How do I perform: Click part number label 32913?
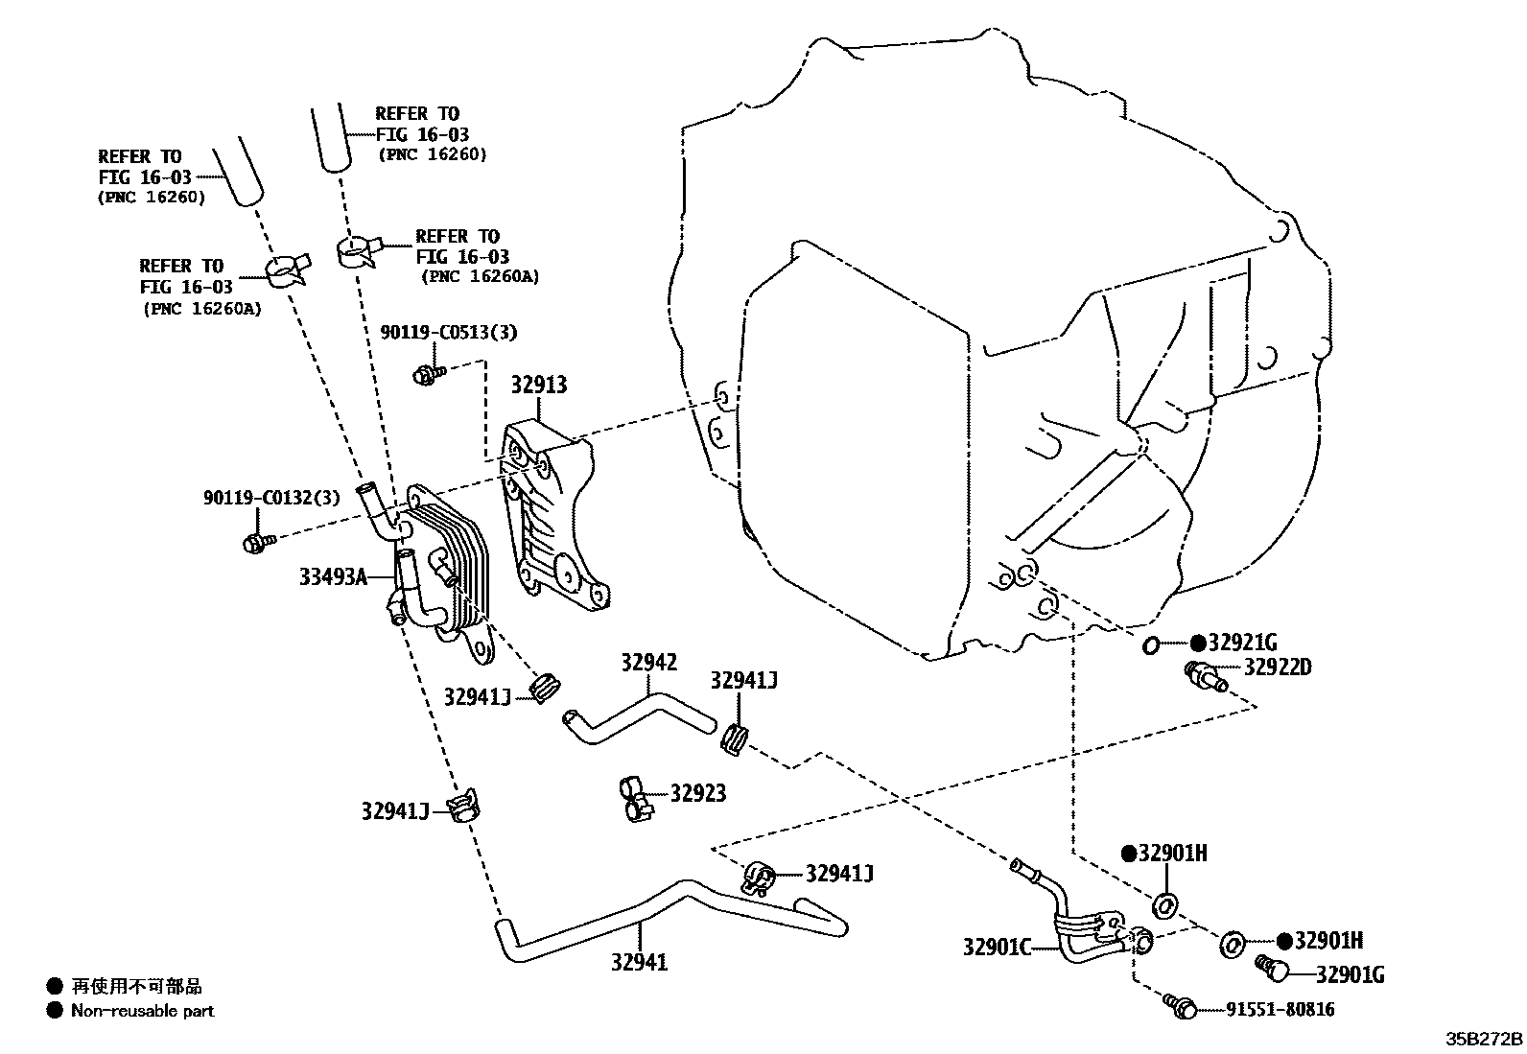pyautogui.click(x=538, y=385)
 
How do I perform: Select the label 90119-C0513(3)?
pyautogui.click(x=447, y=333)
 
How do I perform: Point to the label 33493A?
pyautogui.click(x=333, y=576)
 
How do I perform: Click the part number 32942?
pyautogui.click(x=647, y=662)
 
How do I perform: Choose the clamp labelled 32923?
pyautogui.click(x=634, y=799)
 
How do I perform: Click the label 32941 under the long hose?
pyautogui.click(x=639, y=962)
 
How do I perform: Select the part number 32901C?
pyautogui.click(x=997, y=948)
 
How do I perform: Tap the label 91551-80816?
pyautogui.click(x=1280, y=1009)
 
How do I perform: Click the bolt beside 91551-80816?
pyautogui.click(x=1182, y=1006)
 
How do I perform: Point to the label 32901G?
pyautogui.click(x=1350, y=975)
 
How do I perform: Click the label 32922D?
pyautogui.click(x=1277, y=667)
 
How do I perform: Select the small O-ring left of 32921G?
pyautogui.click(x=1151, y=645)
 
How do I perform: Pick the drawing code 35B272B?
pyautogui.click(x=1484, y=1039)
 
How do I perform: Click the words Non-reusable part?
pyautogui.click(x=143, y=1010)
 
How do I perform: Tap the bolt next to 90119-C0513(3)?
pyautogui.click(x=426, y=374)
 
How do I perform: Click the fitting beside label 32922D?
pyautogui.click(x=1206, y=675)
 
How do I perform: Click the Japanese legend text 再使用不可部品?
pyautogui.click(x=136, y=986)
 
